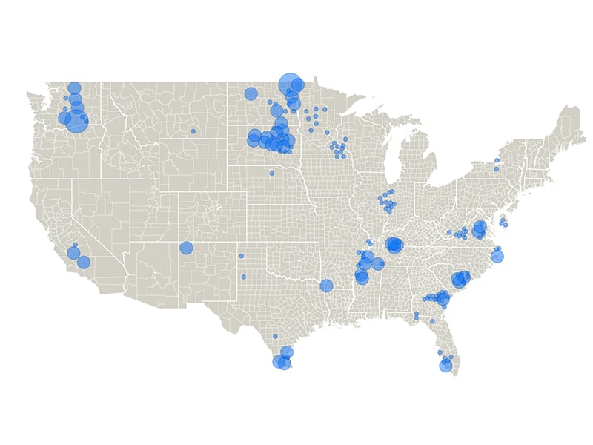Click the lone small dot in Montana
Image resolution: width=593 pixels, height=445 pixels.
193,131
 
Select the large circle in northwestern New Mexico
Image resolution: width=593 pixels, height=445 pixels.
186,248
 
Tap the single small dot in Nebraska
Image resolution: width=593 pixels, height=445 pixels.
271,173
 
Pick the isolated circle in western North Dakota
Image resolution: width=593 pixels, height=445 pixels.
251,94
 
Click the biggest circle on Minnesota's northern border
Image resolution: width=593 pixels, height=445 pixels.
288,82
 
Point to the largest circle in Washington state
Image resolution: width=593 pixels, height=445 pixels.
76,121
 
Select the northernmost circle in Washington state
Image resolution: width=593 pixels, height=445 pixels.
74,88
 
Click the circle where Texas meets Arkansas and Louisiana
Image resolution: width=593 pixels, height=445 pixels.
326,286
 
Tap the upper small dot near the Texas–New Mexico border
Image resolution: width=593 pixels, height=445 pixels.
241,257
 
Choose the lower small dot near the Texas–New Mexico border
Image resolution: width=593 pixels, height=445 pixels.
243,277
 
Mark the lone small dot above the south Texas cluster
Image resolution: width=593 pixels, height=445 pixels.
275,336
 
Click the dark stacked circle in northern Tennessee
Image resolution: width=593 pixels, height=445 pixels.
394,245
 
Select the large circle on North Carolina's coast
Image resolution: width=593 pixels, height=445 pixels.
497,257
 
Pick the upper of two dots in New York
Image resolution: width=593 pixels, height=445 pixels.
497,160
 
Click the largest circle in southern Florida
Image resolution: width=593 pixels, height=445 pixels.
445,365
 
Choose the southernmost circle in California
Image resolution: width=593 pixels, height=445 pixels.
84,262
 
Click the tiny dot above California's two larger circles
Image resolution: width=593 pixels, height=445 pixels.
75,245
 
